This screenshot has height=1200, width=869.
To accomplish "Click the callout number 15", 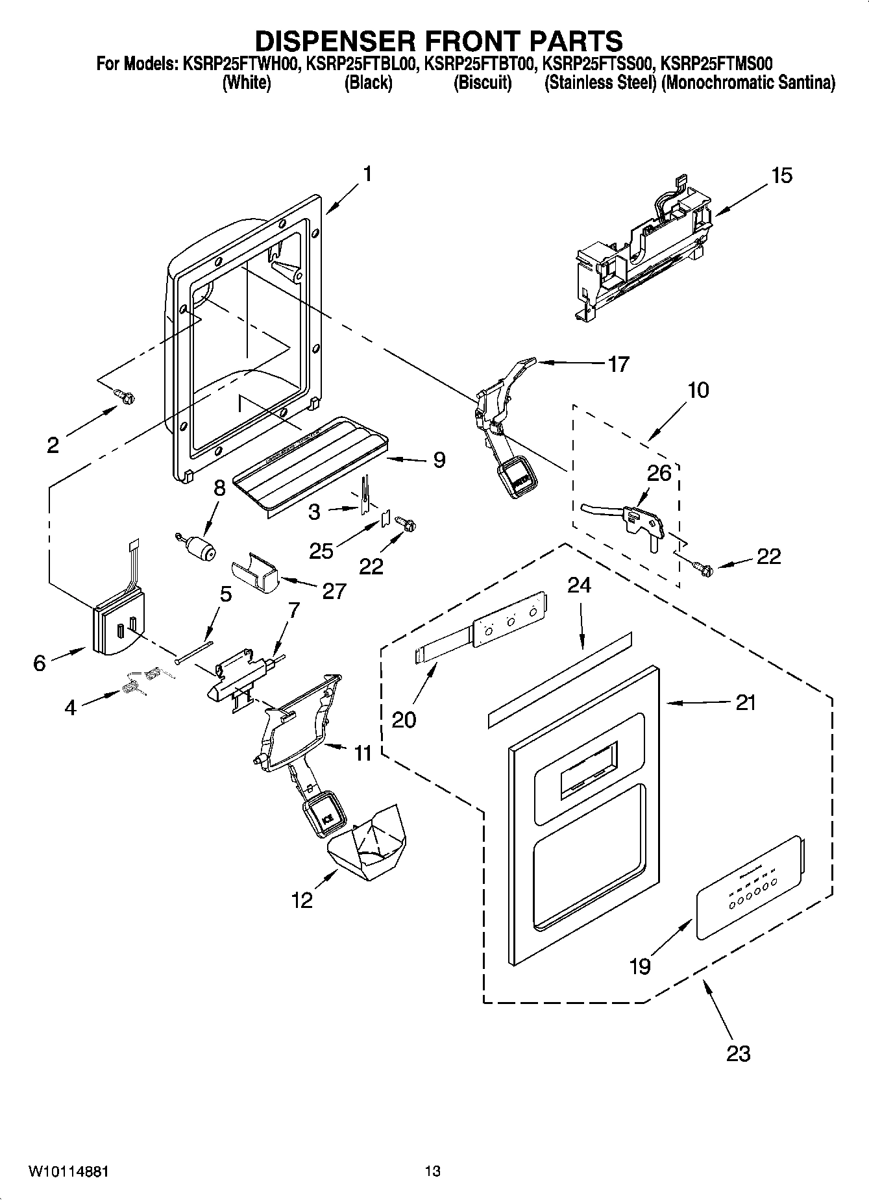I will pos(781,176).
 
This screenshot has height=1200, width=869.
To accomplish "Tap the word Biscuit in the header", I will pos(482,83).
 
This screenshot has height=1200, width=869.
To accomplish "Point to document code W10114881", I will pos(68,1171).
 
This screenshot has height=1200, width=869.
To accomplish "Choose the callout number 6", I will pos(40,663).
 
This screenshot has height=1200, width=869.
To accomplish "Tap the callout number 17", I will pos(618,364).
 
